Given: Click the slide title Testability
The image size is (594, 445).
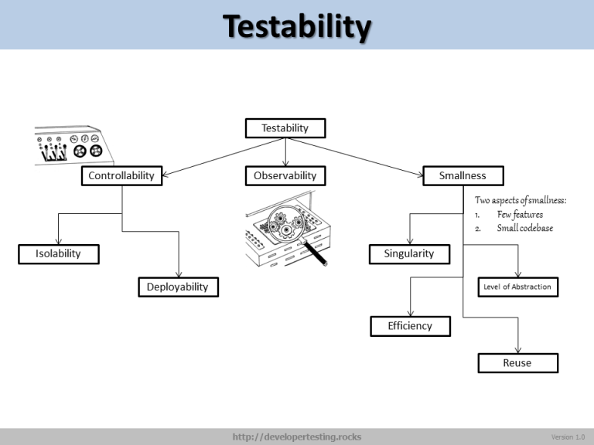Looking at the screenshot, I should point(297,27).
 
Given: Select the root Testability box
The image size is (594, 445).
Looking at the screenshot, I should point(285,128).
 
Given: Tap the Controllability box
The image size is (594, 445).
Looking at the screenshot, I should point(121,176).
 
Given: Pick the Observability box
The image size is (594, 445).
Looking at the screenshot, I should point(285,176).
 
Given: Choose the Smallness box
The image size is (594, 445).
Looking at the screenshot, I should point(463,176).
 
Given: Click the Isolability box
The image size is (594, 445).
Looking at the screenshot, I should point(58,253).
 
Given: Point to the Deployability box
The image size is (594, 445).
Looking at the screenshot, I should point(178,287).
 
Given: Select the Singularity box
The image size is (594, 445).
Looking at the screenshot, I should point(409,253).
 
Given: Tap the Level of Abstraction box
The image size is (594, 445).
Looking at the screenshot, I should point(517,287).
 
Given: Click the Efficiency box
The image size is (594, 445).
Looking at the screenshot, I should point(410,326).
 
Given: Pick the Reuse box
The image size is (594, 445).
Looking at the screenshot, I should point(517,362).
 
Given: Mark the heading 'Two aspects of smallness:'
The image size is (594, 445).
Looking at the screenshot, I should point(520,200).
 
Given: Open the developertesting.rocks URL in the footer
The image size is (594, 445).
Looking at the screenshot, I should point(297,437).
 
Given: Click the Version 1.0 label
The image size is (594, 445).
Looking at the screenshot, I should point(568,437).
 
